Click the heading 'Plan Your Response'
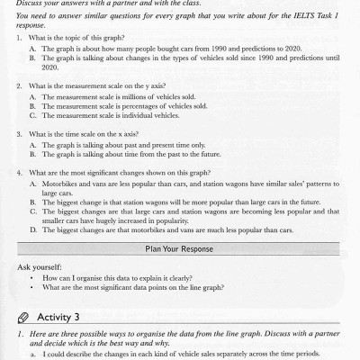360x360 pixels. click(179, 247)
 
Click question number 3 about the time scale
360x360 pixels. click(20, 134)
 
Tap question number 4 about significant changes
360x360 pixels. click(20, 172)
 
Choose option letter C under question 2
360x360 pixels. click(32, 115)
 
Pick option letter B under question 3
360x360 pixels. click(32, 154)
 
